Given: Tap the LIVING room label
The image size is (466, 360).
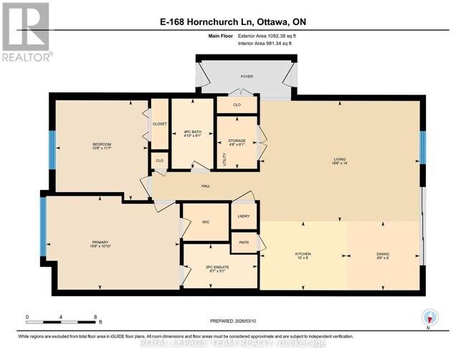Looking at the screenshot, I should pyautogui.click(x=341, y=160).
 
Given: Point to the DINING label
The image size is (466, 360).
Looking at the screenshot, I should pyautogui.click(x=383, y=255).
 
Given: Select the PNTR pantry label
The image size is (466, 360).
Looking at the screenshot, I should pyautogui.click(x=243, y=242).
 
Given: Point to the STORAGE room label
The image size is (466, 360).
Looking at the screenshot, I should pyautogui.click(x=237, y=141).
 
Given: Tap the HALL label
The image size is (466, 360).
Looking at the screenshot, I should pyautogui.click(x=205, y=186).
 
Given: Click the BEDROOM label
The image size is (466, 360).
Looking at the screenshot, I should pyautogui.click(x=102, y=145).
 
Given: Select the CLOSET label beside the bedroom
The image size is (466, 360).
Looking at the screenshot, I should pyautogui.click(x=159, y=123).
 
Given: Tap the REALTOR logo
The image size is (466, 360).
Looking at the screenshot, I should pyautogui.click(x=26, y=32).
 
